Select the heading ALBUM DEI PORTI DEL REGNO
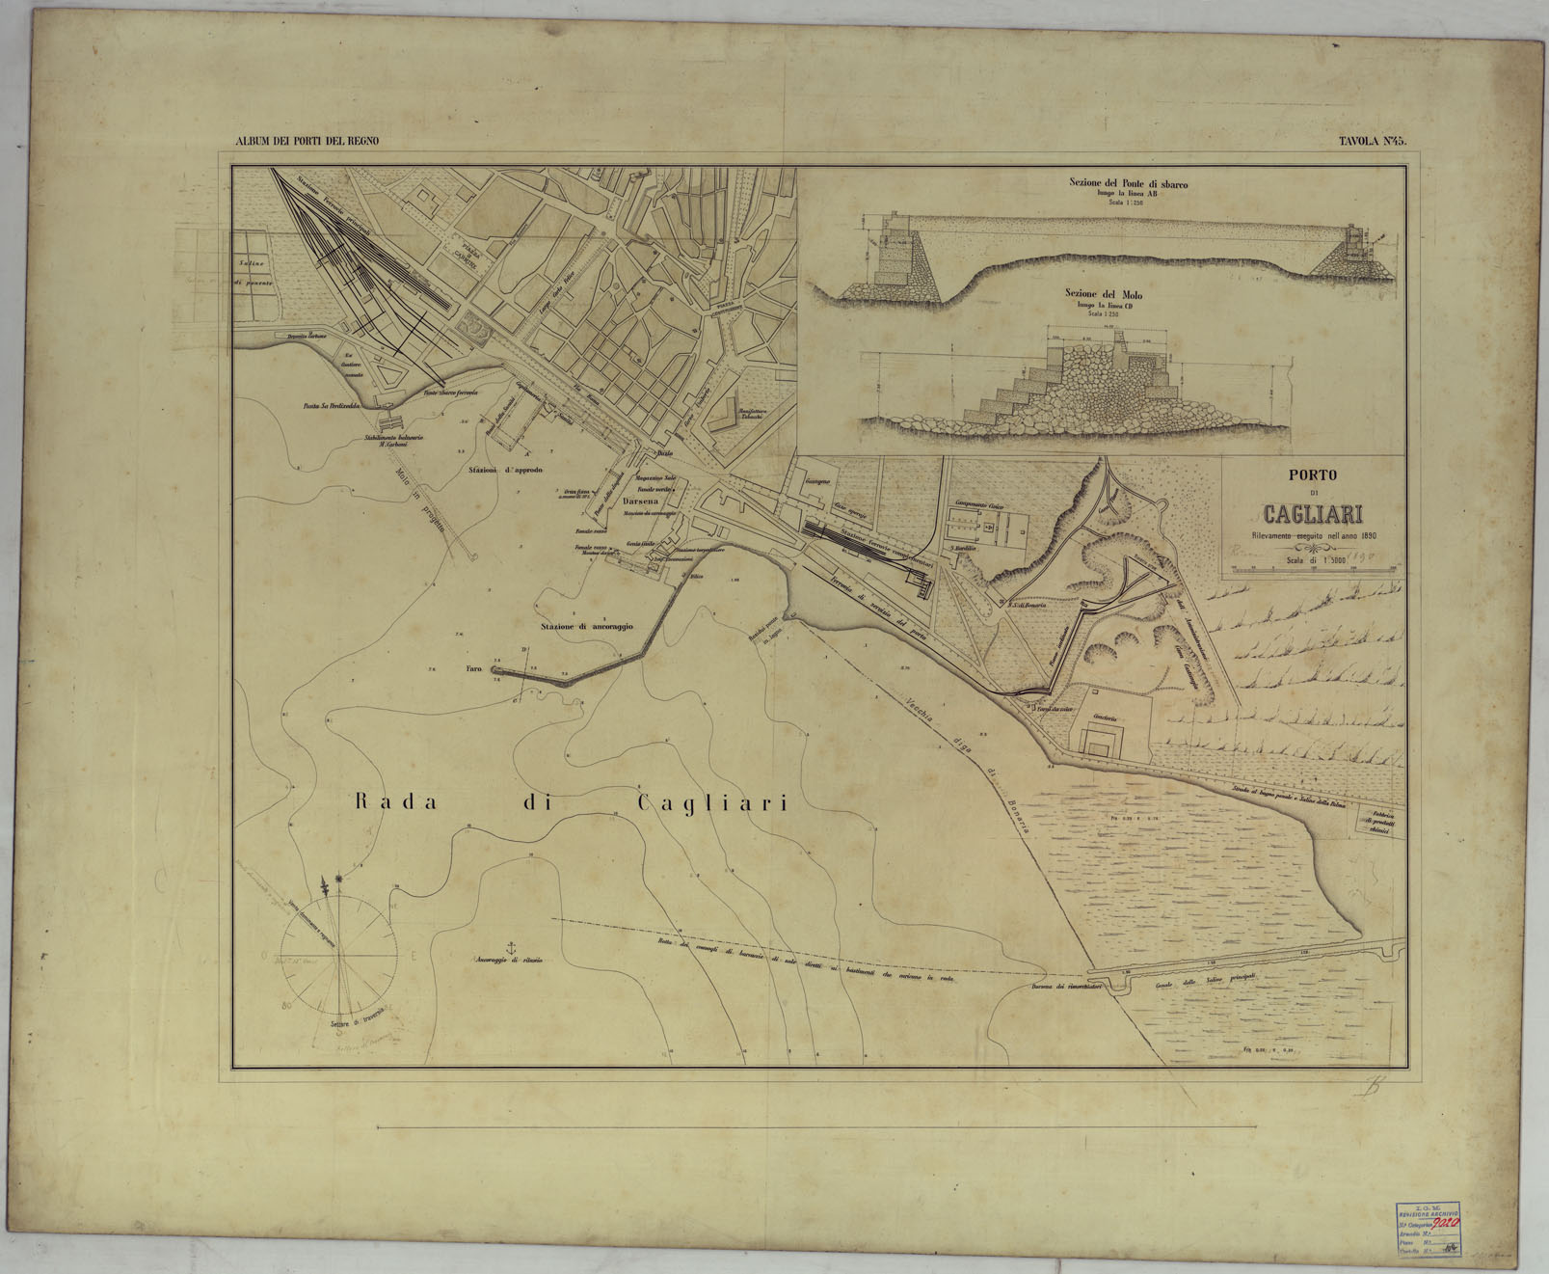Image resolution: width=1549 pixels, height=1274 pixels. [x=307, y=141]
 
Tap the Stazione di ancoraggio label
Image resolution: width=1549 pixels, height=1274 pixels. [x=586, y=627]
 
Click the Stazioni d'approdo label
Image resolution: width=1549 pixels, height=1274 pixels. [x=505, y=470]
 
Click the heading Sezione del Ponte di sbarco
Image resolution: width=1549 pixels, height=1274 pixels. [x=1128, y=182]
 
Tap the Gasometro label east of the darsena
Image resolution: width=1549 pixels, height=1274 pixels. [x=817, y=479]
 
